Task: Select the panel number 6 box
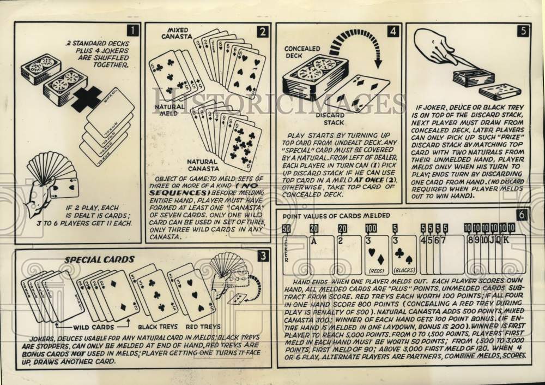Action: pyautogui.click(x=522, y=214)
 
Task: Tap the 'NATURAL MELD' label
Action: pyautogui.click(x=169, y=111)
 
